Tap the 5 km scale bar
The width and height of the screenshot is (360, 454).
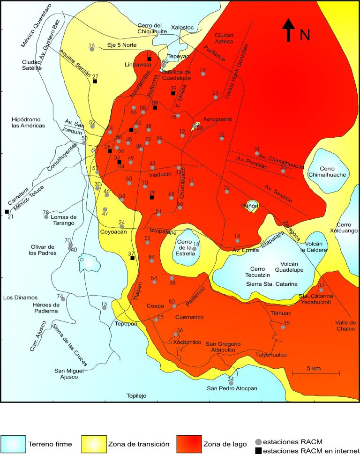(316, 373)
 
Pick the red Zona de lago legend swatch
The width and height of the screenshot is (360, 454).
(189, 443)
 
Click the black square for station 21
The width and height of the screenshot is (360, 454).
(7, 212)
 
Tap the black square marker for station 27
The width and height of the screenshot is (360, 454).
(95, 82)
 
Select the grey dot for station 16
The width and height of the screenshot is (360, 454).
(92, 49)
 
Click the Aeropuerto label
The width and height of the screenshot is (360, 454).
(217, 119)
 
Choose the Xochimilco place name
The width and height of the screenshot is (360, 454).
(187, 342)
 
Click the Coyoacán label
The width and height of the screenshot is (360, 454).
(113, 231)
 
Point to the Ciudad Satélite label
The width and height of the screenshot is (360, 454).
(32, 65)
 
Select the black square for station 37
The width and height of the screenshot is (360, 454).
(133, 258)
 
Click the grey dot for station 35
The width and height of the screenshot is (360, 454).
(283, 327)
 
